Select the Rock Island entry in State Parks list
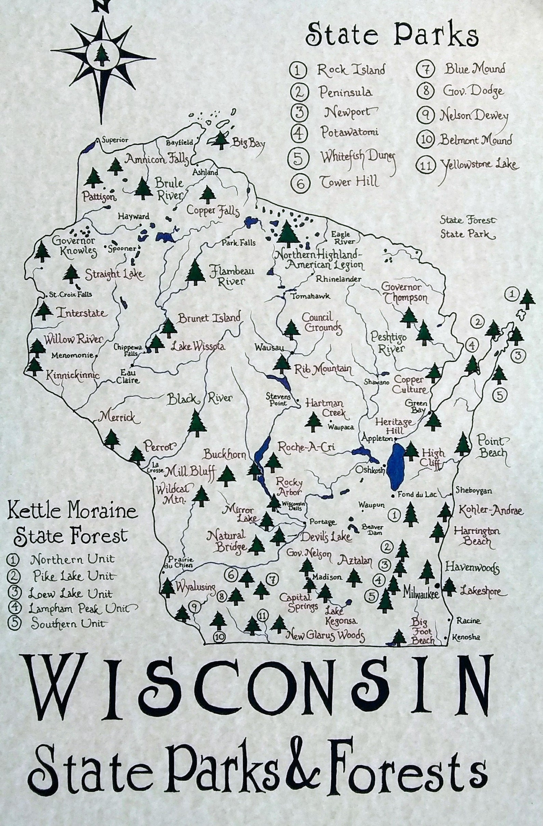(x=351, y=70)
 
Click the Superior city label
(x=115, y=140)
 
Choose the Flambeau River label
(x=231, y=276)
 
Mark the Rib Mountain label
(x=323, y=370)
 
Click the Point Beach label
(x=491, y=447)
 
